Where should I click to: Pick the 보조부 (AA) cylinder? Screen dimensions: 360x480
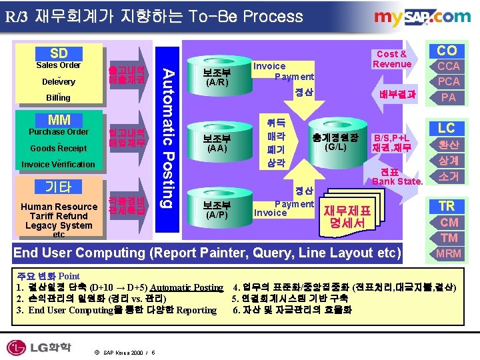pos(217,141)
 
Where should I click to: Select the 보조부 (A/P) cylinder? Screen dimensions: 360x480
pos(217,208)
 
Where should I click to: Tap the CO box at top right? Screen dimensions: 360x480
pos(447,51)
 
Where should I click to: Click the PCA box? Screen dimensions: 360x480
pos(448,81)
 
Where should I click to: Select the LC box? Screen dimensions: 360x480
pos(447,127)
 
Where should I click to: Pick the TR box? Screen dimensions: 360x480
pos(447,206)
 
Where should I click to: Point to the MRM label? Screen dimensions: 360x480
pos(448,253)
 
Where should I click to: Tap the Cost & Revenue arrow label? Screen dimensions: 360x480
pos(392,59)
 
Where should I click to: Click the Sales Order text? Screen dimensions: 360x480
pos(59,65)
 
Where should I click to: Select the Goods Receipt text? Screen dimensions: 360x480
pos(59,148)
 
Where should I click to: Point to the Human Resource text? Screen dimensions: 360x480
pos(59,207)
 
